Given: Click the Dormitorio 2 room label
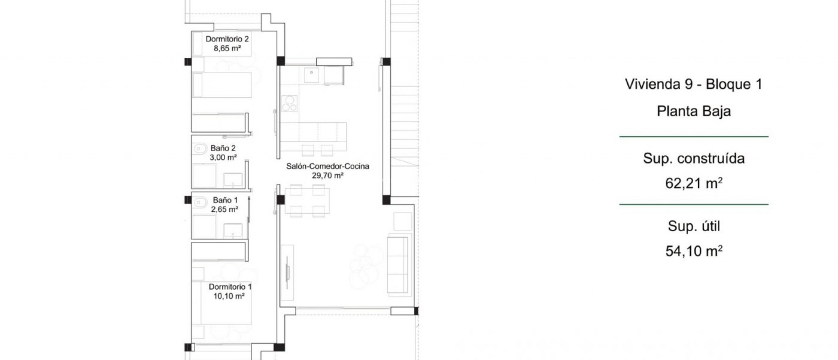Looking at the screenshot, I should (x=227, y=39).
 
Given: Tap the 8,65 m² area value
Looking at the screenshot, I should (x=227, y=49).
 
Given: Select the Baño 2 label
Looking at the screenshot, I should (x=223, y=148).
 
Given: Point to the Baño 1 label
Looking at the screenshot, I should (x=225, y=200).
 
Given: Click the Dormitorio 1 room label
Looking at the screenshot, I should (x=230, y=287).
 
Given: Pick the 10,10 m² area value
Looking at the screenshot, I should (x=229, y=296).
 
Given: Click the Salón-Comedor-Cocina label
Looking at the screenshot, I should (x=327, y=166).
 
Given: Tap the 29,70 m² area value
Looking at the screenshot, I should (x=327, y=175).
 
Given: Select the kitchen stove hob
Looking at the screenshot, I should (x=289, y=103).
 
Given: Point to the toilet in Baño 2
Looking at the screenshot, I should (x=200, y=148).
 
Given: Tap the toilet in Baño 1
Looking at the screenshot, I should (x=200, y=202).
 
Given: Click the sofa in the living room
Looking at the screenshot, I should (x=397, y=264).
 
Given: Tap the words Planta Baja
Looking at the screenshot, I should (x=694, y=111).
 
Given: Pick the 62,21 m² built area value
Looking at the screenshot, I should (x=694, y=184).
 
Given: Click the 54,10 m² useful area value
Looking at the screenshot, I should (x=694, y=251).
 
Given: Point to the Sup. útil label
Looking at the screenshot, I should (x=694, y=226).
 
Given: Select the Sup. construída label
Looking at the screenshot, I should (x=694, y=159).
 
